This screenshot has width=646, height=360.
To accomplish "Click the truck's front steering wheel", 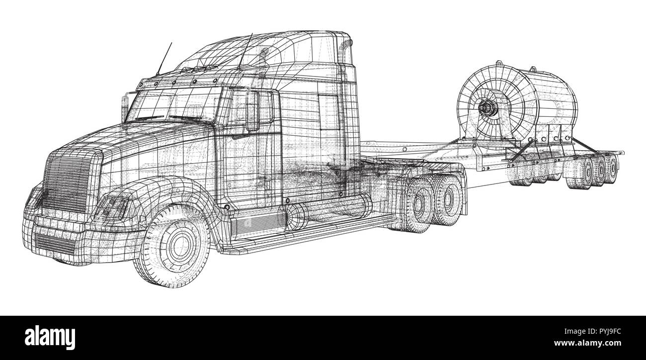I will pos(176,247).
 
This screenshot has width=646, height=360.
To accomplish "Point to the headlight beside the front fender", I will pos(113,204).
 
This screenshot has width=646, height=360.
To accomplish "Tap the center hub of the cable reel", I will pos(484,106).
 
